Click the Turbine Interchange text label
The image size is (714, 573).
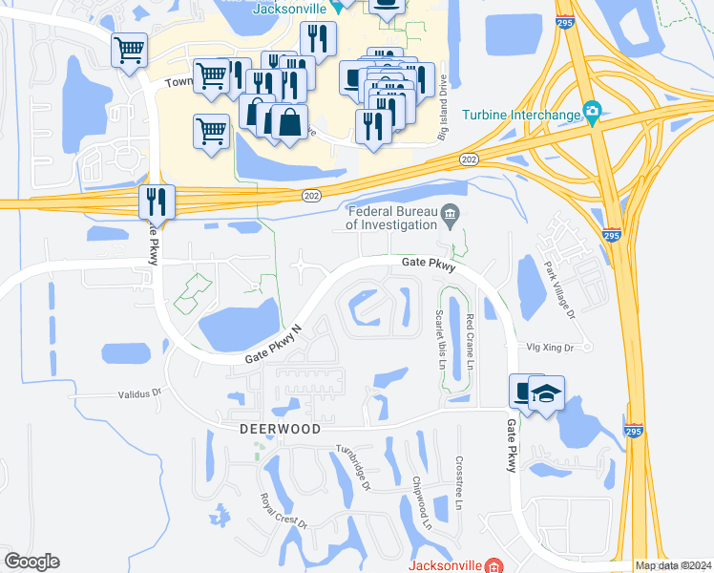pos(521,115)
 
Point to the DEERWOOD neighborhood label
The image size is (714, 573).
pos(279,430)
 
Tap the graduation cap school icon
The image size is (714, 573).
pos(546,393)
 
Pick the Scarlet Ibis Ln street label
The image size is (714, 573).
pos(440,338)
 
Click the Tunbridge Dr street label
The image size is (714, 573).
pos(352,467)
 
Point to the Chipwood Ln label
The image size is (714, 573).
pos(421,504)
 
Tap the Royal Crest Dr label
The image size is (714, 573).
pos(283,511)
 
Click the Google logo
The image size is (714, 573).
pos(31,562)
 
